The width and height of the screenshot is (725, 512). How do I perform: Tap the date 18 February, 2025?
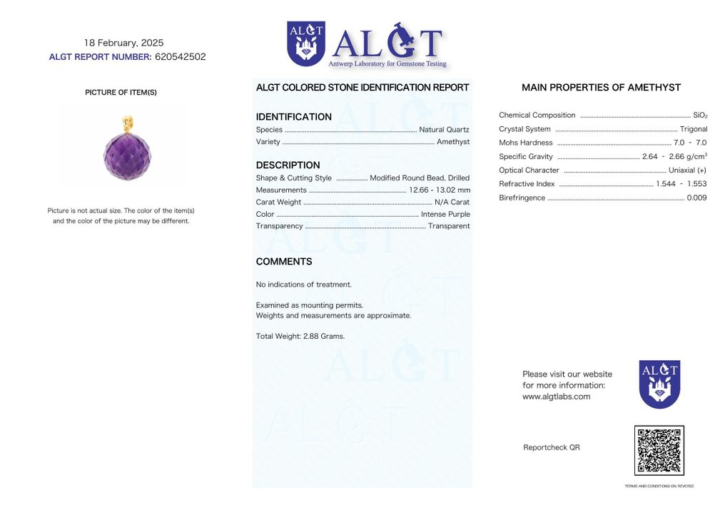point(123,43)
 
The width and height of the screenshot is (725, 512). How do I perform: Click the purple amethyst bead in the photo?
point(127,156)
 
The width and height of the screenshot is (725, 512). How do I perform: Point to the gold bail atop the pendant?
point(128,124)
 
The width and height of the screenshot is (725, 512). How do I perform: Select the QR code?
point(659,451)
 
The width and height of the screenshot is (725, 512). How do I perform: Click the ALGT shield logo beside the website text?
point(659,384)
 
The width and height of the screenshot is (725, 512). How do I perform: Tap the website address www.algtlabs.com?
point(556,396)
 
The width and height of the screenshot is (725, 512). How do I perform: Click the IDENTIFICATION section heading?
point(293,117)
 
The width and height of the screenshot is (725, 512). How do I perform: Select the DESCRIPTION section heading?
point(288,165)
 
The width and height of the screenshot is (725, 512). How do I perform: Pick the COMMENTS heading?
point(284,262)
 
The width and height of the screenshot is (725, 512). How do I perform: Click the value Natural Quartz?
point(444,130)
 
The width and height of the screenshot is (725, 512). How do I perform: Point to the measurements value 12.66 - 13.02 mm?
point(439,190)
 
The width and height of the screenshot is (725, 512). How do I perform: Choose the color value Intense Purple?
point(445,214)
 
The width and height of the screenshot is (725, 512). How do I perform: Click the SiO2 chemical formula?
point(700,116)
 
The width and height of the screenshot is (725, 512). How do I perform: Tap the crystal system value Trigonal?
point(694,129)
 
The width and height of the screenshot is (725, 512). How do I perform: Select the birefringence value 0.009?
point(696,198)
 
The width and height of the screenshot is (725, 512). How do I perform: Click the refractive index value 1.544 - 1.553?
point(681,184)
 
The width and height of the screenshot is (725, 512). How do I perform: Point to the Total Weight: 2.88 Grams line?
point(300,336)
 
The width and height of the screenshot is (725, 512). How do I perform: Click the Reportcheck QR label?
point(551,448)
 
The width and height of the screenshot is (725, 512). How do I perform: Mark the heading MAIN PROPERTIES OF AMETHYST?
point(601,88)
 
